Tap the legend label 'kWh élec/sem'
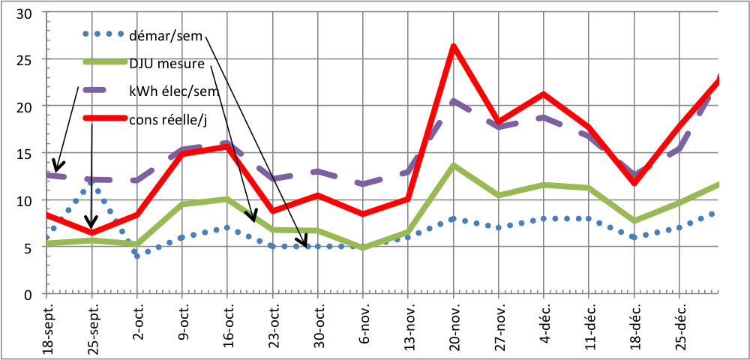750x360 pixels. [x=172, y=91]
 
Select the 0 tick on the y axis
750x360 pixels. [x=28, y=294]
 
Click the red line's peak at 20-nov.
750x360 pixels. [x=454, y=46]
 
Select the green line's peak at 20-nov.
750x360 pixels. [x=454, y=165]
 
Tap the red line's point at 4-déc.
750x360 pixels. [x=544, y=94]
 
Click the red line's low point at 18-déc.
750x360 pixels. [x=634, y=182]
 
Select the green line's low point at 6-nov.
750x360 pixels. [x=364, y=247]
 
